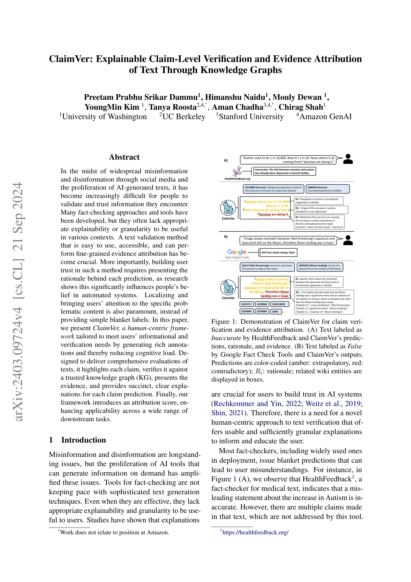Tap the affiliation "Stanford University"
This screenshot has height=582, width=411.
[x=251, y=117]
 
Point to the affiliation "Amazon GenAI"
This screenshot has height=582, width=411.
[x=325, y=117]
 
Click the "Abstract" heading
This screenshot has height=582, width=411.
[x=124, y=157]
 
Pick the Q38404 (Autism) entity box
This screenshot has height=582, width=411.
[x=328, y=189]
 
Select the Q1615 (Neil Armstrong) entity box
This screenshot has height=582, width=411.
[x=267, y=267]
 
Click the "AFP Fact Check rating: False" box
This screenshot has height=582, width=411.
[x=278, y=253]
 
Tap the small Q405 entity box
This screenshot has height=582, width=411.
[x=276, y=311]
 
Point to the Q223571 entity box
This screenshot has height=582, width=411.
[x=246, y=304]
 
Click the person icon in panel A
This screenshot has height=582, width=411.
[x=348, y=159]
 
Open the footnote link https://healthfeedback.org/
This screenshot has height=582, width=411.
[x=255, y=532]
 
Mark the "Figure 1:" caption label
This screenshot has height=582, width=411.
[x=224, y=322]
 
